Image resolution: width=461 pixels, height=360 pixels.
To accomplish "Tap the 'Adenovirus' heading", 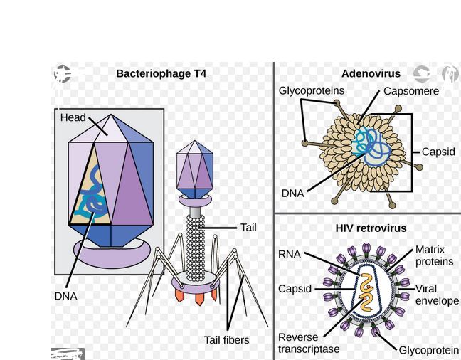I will coord(371,73).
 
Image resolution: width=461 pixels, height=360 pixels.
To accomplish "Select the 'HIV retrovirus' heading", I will coord(371,228).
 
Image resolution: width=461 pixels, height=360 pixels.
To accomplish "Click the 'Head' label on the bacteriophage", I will coord(73,117).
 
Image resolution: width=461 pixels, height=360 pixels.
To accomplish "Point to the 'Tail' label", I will coord(248,228).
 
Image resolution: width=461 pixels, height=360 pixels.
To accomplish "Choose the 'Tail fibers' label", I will coord(226,340).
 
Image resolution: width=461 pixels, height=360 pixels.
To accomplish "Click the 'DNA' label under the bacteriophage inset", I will coord(65,296).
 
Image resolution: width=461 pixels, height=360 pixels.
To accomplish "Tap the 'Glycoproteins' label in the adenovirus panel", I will coord(311,91).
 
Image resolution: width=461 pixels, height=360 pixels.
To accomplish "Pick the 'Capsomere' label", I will coord(410,91).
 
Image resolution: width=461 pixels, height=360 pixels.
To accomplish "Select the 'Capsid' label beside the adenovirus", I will coord(438,152).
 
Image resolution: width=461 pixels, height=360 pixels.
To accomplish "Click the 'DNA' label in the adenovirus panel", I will coord(292,193).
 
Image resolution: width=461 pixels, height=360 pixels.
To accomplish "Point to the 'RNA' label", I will coord(290,254).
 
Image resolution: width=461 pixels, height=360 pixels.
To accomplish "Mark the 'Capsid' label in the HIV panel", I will coord(295,289).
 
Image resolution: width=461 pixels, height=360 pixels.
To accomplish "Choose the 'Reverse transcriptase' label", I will coord(309,343).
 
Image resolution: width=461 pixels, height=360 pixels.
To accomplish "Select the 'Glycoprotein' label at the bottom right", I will coord(428,350).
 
